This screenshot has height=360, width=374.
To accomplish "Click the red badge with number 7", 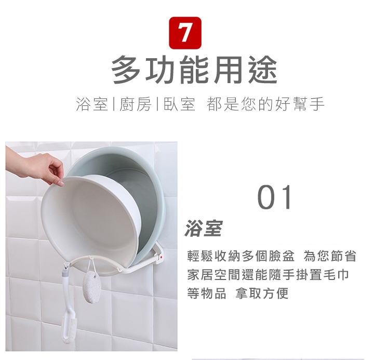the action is pos(185,33).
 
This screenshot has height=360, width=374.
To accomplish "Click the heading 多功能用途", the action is pos(194,70).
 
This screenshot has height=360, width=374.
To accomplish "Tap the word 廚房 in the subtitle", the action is pos(135,104).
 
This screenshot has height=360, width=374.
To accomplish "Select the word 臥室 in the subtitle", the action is pos(179,104).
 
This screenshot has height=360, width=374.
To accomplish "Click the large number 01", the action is pos(275,197).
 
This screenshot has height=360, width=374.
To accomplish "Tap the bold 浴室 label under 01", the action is pos(204,228).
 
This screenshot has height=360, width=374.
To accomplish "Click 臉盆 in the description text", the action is pos(281,256).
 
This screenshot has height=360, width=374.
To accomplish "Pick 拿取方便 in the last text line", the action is pos(262,293).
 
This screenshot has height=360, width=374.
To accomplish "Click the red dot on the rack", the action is pos(161,257).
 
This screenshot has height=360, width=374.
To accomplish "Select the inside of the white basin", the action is pos(88,222).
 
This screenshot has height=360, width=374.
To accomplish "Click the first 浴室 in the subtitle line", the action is pos(92,104).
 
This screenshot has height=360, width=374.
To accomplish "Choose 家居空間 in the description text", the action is pos(213,275).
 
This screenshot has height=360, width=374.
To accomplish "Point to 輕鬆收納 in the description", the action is pos(213,256).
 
